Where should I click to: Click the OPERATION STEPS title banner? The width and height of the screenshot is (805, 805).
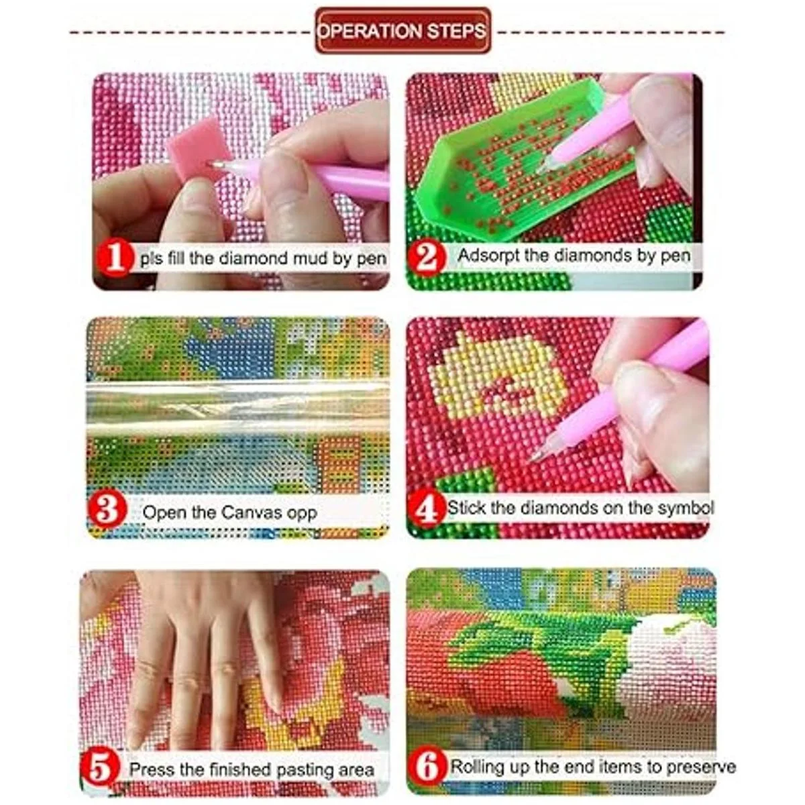pyautogui.click(x=402, y=30)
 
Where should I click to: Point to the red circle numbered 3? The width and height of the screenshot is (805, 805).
pyautogui.click(x=107, y=511)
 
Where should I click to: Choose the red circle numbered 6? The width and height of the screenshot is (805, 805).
pyautogui.click(x=428, y=755)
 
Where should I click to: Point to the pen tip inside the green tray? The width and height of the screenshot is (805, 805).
pyautogui.click(x=539, y=170)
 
